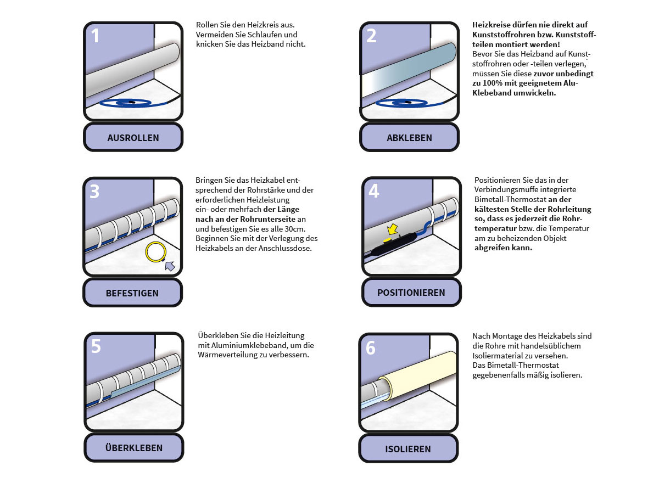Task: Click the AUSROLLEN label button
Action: click(133, 138)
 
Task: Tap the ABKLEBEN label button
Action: click(409, 138)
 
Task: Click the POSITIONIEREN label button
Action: click(411, 293)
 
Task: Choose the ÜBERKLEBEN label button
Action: click(133, 448)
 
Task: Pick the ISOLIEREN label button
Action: click(408, 448)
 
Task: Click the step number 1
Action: click(96, 36)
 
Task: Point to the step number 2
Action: click(371, 36)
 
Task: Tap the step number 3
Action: click(94, 191)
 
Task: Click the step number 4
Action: click(374, 191)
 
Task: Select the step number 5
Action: click(96, 346)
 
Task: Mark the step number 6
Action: click(371, 347)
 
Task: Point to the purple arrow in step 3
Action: click(170, 266)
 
